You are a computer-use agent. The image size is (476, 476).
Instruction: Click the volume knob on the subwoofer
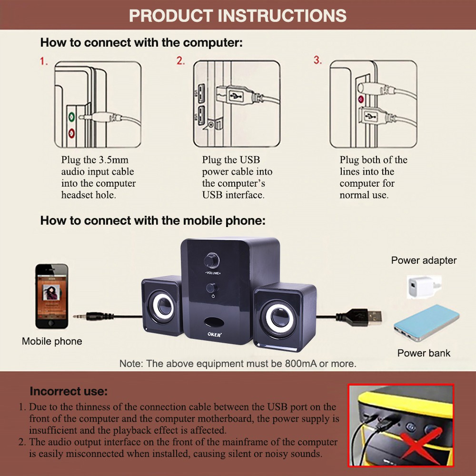pyautogui.click(x=212, y=260)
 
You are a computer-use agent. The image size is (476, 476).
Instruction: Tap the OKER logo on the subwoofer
pyautogui.click(x=215, y=334)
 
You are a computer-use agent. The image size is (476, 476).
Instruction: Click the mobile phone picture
pyautogui.click(x=51, y=296)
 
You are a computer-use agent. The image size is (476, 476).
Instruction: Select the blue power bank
pyautogui.click(x=426, y=323)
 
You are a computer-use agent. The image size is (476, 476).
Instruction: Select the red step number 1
pyautogui.click(x=44, y=61)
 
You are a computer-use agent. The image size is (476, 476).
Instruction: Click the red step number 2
pyautogui.click(x=180, y=61)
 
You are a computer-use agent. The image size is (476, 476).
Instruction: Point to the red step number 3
pyautogui.click(x=317, y=60)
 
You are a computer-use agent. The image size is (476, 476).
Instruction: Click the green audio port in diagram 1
pyautogui.click(x=71, y=116)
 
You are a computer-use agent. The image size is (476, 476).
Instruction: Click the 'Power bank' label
pyautogui.click(x=424, y=353)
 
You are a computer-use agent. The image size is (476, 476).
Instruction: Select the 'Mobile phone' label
pyautogui.click(x=52, y=341)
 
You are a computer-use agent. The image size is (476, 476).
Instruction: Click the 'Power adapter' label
pyautogui.click(x=424, y=260)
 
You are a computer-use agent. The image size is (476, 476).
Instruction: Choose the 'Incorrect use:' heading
pyautogui.click(x=69, y=391)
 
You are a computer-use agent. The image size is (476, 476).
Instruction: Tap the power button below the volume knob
pyautogui.click(x=212, y=288)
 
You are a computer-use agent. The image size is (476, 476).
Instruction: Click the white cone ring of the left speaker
pyautogui.click(x=163, y=306)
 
